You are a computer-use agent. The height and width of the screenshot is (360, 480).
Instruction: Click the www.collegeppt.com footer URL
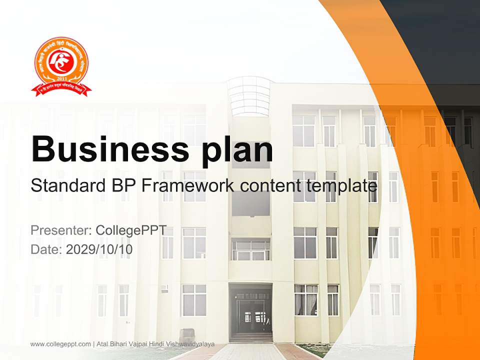tap(60, 344)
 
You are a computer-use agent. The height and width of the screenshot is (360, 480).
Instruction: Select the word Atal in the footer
tap(101, 344)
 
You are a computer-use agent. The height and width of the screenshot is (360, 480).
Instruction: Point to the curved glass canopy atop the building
tap(248, 95)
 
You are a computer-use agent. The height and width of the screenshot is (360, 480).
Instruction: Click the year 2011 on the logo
tap(61, 79)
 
